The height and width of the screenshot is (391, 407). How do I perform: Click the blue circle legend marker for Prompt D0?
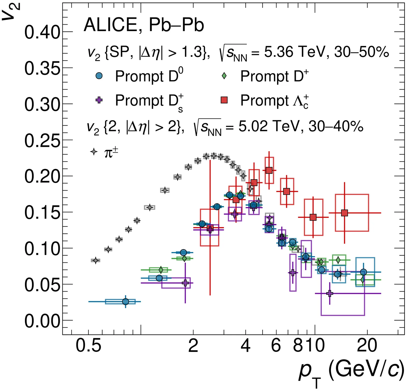click(99, 76)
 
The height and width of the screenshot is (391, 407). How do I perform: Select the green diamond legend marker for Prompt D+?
click(224, 76)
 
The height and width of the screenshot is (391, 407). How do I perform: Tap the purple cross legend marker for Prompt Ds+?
click(99, 100)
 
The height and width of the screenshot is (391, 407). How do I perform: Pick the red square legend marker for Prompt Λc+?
click(224, 100)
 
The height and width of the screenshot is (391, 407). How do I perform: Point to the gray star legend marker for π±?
click(94, 152)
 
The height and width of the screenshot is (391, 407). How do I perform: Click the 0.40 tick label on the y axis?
click(42, 32)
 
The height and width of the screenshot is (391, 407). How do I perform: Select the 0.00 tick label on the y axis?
click(42, 321)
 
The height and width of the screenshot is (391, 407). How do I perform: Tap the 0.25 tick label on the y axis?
click(42, 141)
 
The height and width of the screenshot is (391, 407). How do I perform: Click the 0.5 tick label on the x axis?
click(89, 346)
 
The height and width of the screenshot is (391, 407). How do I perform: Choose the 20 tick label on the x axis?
click(367, 346)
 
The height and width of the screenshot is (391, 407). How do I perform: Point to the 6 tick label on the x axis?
click(276, 346)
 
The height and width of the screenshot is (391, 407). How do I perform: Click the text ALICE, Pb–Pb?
click(144, 25)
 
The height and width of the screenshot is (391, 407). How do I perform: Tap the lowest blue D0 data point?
click(126, 302)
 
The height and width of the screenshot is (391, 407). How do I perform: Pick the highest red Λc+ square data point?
click(269, 171)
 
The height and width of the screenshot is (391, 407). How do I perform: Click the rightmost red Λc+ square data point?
click(344, 213)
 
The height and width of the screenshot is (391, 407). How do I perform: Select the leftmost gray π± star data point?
click(95, 260)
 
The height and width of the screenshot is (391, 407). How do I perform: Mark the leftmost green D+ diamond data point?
click(161, 270)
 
